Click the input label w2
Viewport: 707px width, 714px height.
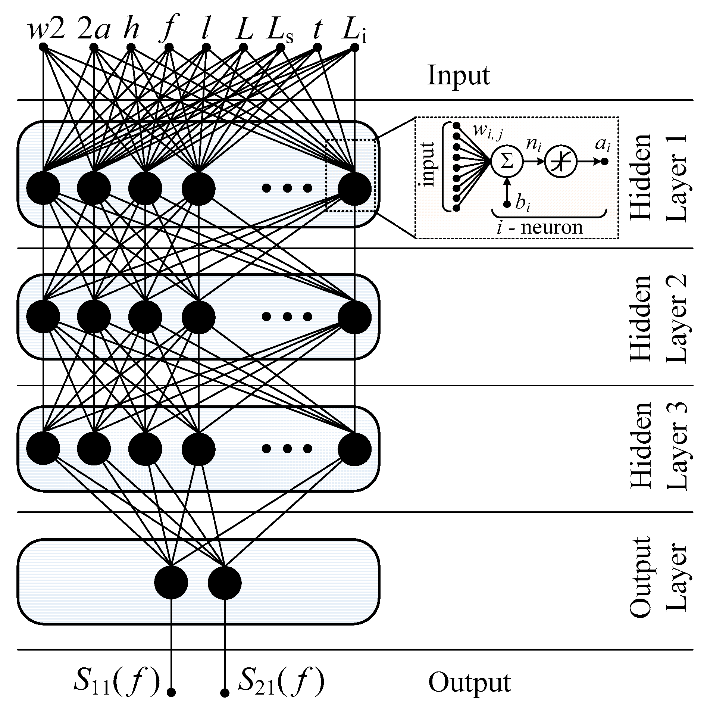46,31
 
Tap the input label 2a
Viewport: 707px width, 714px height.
94,31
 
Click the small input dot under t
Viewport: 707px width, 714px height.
317,47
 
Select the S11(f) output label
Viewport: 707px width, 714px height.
116,683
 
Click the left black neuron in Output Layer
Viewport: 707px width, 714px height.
171,583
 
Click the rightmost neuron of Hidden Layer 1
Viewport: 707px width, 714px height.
354,188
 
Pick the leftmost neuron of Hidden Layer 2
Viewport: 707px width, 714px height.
43,317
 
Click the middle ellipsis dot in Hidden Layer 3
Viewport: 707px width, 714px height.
287,449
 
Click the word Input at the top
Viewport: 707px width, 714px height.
458,76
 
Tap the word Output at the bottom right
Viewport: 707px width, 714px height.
469,683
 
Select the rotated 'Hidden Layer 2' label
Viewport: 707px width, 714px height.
657,318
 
